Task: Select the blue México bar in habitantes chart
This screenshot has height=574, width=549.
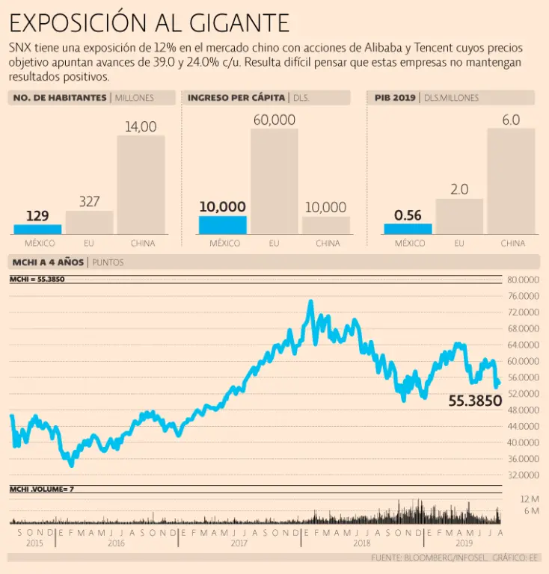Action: pos(37,229)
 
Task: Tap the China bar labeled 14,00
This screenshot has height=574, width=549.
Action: pos(141,184)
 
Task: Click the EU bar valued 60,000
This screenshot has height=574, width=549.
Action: pos(274,181)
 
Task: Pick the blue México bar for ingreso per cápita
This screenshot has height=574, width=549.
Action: pos(222,225)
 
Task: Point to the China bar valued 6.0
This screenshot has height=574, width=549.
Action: pos(511,181)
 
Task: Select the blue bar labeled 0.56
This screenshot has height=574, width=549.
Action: pos(408,229)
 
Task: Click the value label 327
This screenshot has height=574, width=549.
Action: pos(89,201)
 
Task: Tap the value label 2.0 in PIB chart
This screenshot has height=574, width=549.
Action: pos(459,189)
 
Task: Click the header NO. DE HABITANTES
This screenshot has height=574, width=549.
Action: pos(59,98)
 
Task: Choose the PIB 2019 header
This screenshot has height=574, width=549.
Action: pos(396,98)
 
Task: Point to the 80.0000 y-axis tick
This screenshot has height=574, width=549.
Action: pos(524,280)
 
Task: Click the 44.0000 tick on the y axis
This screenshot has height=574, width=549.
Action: pos(524,426)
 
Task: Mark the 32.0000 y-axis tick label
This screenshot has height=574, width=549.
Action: pos(524,475)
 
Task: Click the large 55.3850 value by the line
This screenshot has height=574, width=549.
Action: pos(475,401)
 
